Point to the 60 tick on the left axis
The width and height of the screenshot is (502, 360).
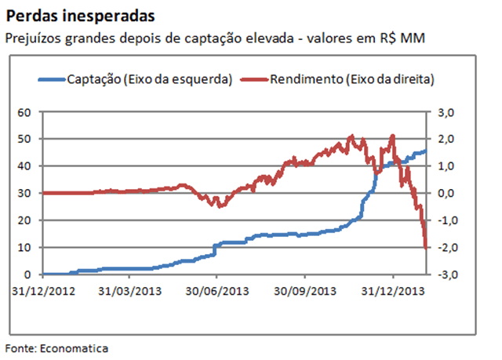tap(24, 112)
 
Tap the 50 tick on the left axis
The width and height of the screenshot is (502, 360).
tap(24, 139)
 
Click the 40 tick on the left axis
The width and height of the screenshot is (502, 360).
tap(24, 166)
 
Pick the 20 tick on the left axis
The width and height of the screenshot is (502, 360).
tap(24, 220)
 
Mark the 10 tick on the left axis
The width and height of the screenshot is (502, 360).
tap(24, 247)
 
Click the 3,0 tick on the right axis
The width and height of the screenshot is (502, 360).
tap(446, 112)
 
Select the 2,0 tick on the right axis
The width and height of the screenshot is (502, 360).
tap(446, 139)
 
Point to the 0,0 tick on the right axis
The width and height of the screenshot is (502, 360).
tap(446, 193)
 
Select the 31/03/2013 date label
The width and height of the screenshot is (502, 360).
tap(130, 290)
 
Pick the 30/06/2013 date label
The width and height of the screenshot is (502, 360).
tap(218, 290)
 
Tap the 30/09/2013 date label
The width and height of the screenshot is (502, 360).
tap(307, 290)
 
